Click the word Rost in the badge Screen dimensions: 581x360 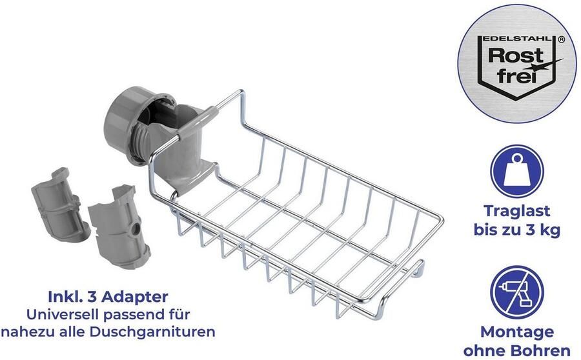pos(515,56)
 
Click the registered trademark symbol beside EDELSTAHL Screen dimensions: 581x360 pos(561,39)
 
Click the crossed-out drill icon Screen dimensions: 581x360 pos(517,292)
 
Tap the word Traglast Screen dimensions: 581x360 pos(517,211)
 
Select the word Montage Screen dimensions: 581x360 pos(517,332)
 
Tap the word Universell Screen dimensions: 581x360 pos(63,314)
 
